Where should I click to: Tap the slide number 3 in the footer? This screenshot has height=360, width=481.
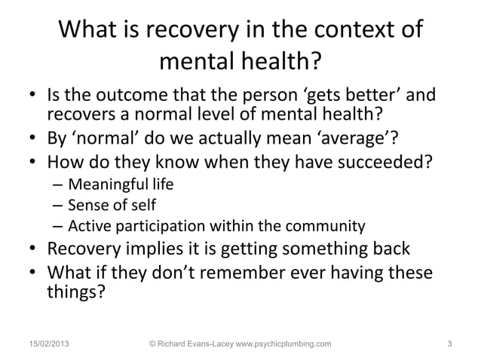pyautogui.click(x=449, y=344)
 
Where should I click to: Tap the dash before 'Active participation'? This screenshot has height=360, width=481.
pyautogui.click(x=57, y=226)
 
